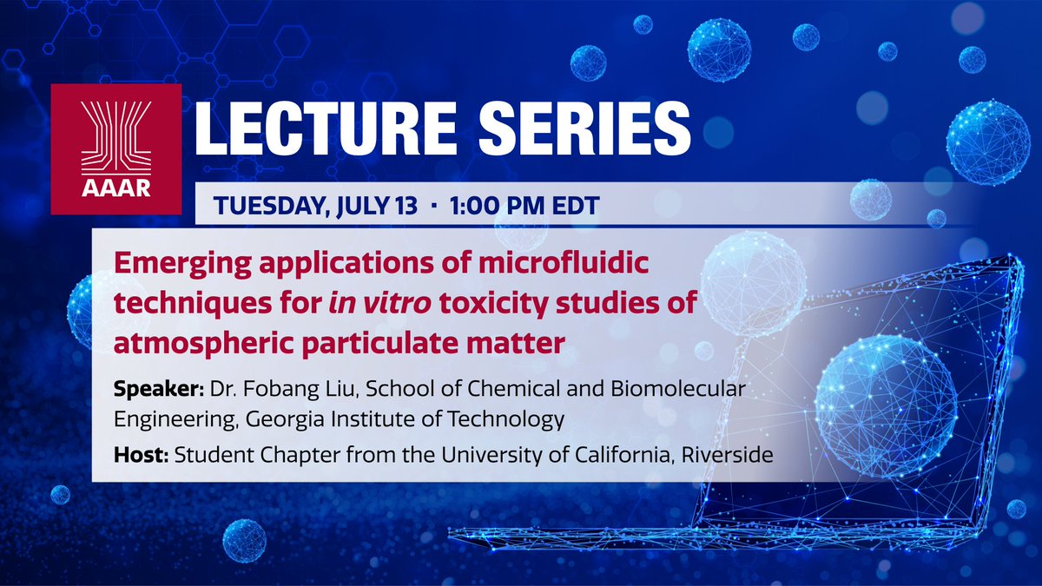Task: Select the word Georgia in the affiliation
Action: coord(278,420)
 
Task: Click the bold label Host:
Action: coord(140,455)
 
